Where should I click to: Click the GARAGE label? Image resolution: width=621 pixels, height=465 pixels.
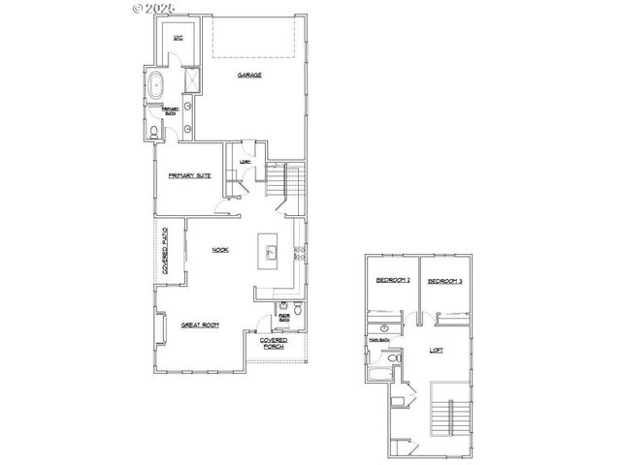pyautogui.click(x=250, y=75)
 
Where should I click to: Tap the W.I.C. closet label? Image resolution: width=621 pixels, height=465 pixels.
pyautogui.click(x=178, y=38)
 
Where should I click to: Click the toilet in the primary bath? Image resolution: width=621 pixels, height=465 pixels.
pyautogui.click(x=157, y=133)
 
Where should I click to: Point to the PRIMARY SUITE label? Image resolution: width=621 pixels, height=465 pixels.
pyautogui.click(x=189, y=175)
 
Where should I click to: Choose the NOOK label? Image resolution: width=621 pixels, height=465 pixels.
pyautogui.click(x=220, y=250)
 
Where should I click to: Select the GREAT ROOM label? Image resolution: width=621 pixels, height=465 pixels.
pyautogui.click(x=199, y=325)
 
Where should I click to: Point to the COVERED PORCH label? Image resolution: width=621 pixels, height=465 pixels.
pyautogui.click(x=273, y=343)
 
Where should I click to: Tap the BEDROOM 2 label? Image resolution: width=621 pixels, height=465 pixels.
pyautogui.click(x=392, y=281)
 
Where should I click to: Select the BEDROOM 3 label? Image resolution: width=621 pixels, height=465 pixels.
pyautogui.click(x=443, y=281)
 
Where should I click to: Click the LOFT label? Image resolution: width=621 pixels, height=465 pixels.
pyautogui.click(x=436, y=350)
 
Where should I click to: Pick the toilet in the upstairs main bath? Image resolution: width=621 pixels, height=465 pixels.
pyautogui.click(x=394, y=360)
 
